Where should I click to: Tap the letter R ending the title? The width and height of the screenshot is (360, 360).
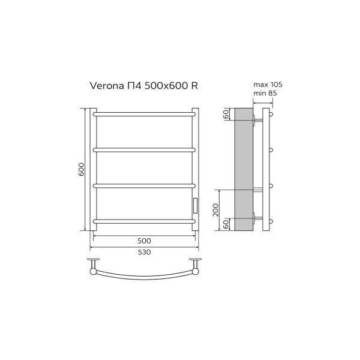click(x=194, y=86)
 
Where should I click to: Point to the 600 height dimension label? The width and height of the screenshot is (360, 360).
click(x=80, y=170)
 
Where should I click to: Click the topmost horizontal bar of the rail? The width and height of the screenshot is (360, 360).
click(x=144, y=112)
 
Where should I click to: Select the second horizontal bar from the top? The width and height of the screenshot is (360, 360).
click(x=144, y=148)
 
